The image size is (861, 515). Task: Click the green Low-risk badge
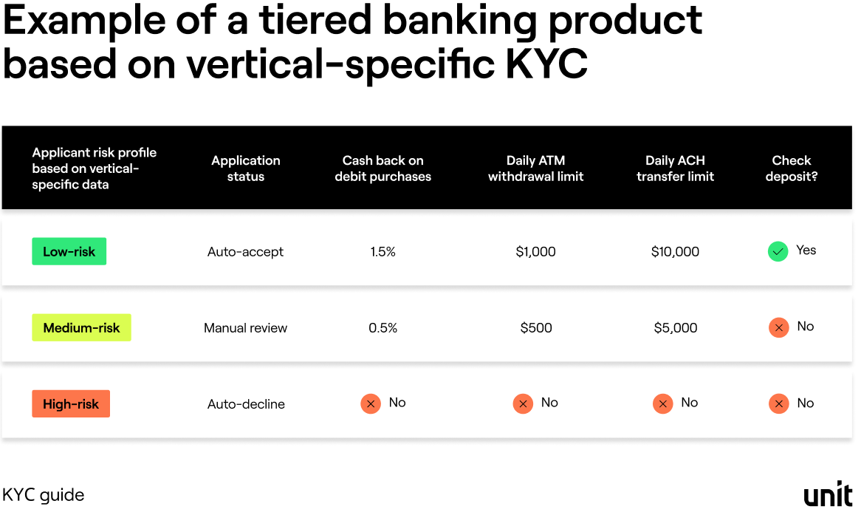coord(69,251)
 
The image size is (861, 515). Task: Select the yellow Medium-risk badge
coord(81,328)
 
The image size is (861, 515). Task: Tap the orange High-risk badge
coord(71,404)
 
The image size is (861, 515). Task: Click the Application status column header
coord(246,168)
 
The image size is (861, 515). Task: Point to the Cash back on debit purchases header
coord(383,168)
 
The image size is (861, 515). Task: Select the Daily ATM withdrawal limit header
coord(535,168)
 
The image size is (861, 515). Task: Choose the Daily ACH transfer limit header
coord(675,168)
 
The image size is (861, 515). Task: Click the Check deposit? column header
coord(792,168)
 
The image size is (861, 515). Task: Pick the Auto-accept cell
coord(246,252)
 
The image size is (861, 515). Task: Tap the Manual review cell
coord(246,328)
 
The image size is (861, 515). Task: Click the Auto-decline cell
coord(246,404)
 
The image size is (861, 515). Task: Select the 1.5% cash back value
coord(383,252)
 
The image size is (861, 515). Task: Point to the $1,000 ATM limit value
coord(535,252)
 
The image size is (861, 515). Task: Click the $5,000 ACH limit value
coord(675,328)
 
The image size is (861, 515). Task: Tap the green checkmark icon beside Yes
coord(778,252)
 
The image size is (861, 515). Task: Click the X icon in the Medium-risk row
coord(779,327)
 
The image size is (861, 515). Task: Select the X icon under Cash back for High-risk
coord(371,403)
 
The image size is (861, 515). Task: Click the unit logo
coord(828,495)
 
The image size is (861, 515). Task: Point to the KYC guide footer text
coord(44,495)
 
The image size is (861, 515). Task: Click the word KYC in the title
coord(546,64)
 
